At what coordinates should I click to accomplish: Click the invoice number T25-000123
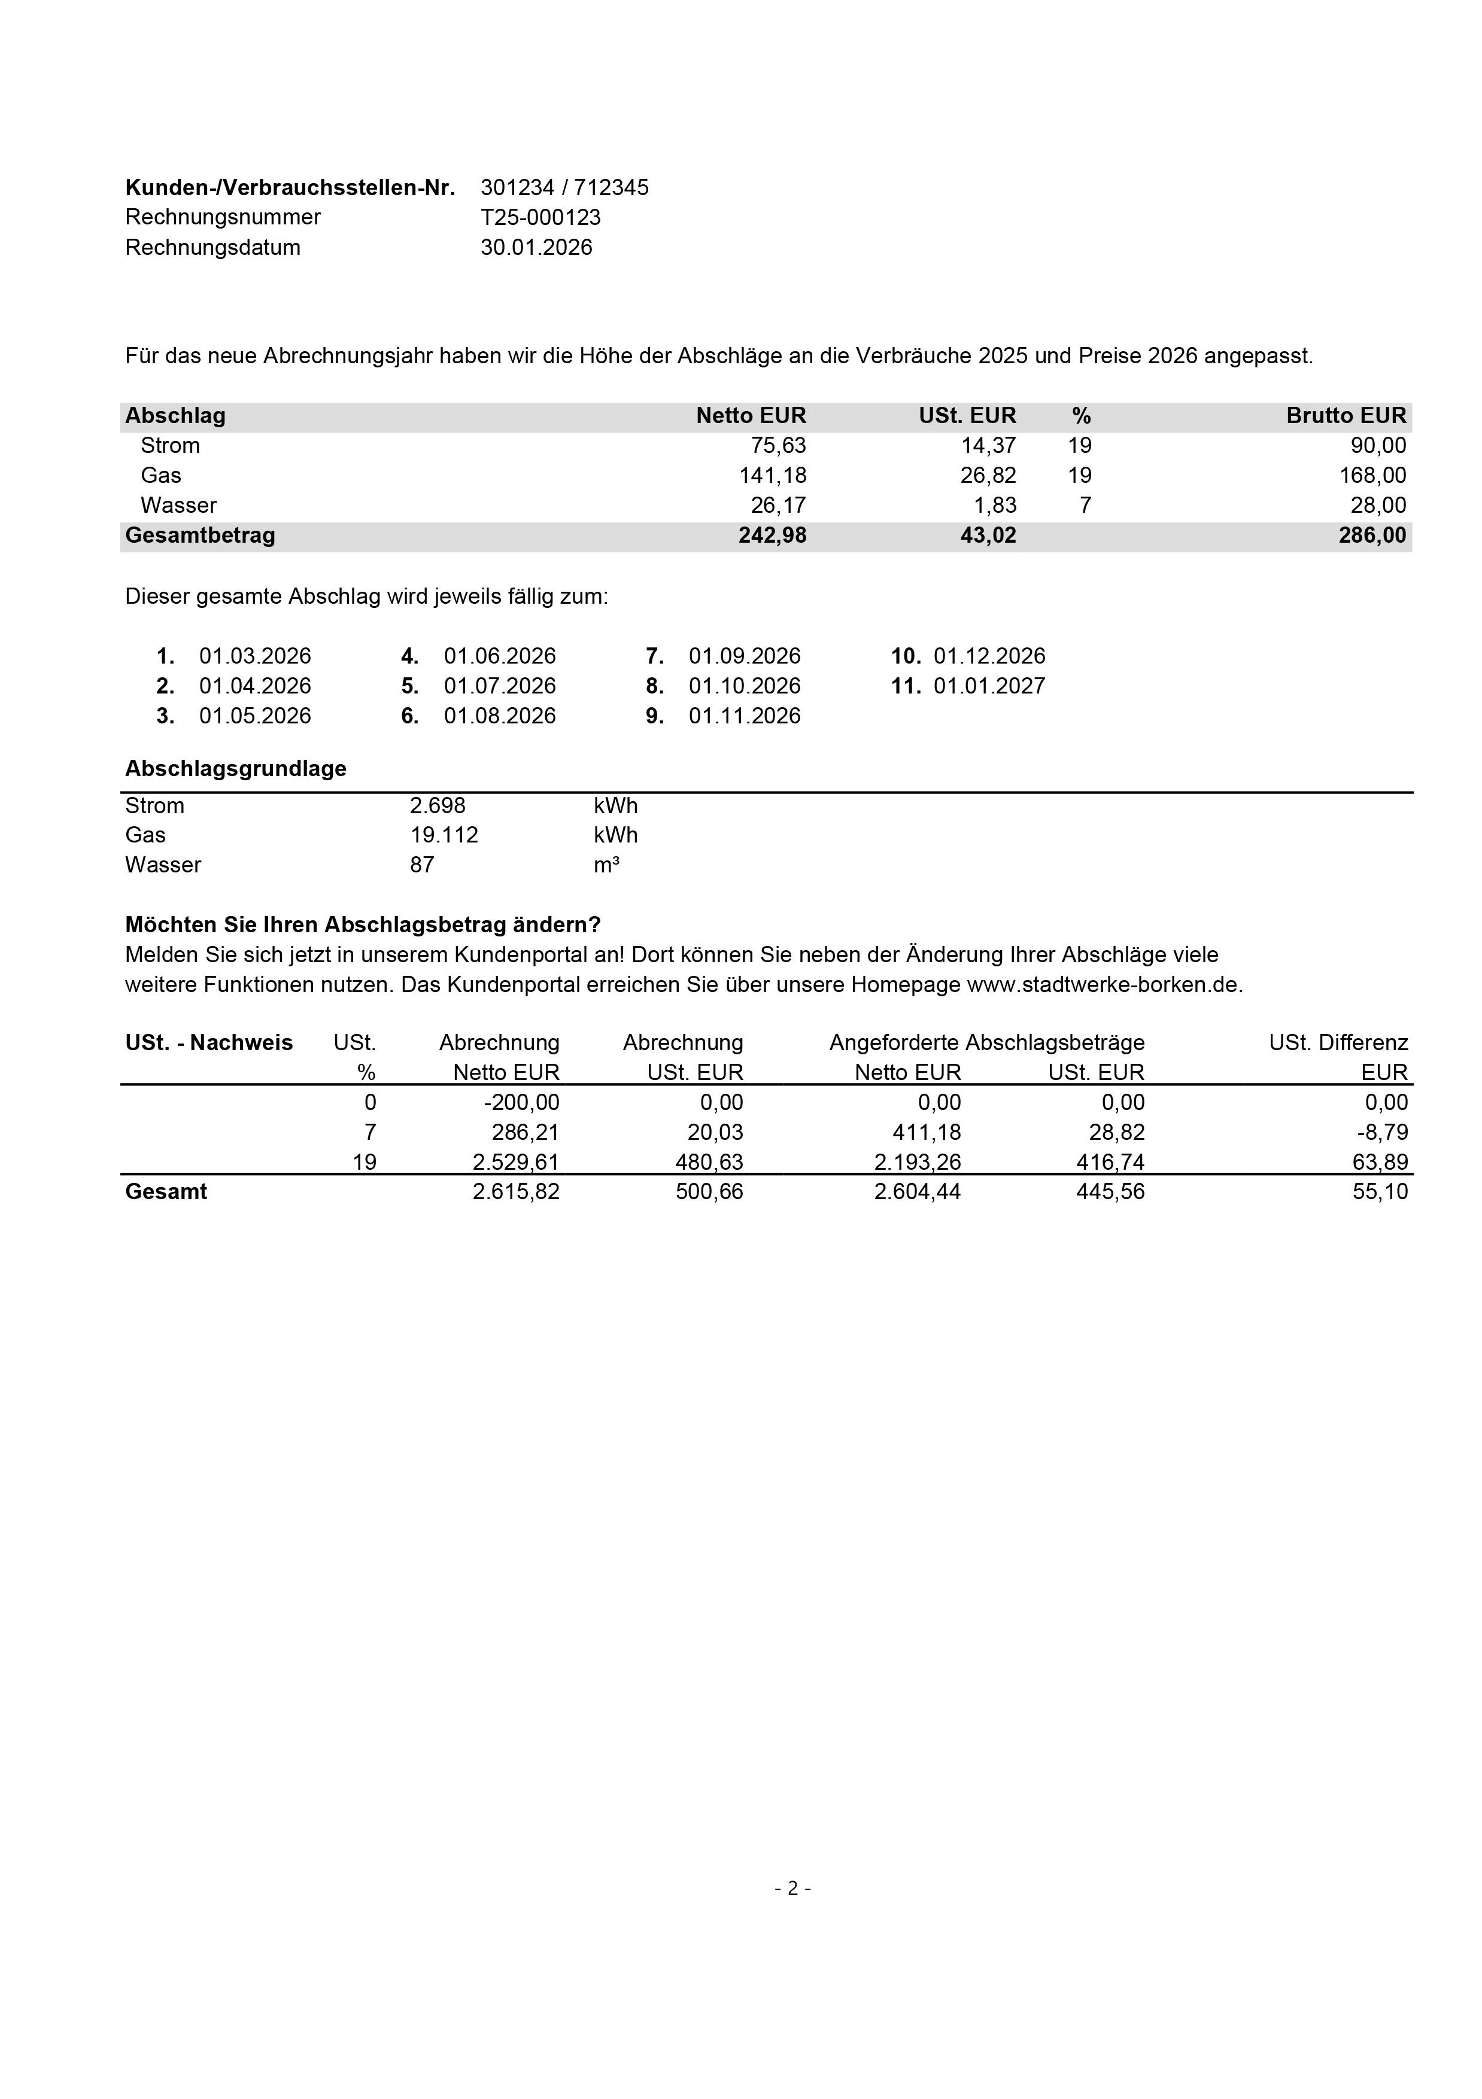540,218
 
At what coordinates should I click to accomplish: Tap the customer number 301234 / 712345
564,187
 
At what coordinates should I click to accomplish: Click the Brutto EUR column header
1345,416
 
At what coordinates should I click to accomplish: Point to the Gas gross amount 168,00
1372,475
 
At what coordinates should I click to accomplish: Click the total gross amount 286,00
1371,536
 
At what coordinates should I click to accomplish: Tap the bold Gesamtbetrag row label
201,536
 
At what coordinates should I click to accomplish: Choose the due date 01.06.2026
499,656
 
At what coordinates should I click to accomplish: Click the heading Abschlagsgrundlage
236,769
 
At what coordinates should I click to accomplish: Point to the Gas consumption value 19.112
444,835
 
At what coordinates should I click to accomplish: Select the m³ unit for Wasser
606,865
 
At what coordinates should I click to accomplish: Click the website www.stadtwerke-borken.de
1104,985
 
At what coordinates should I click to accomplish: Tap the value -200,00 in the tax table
521,1103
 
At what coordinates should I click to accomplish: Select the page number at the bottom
792,1889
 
